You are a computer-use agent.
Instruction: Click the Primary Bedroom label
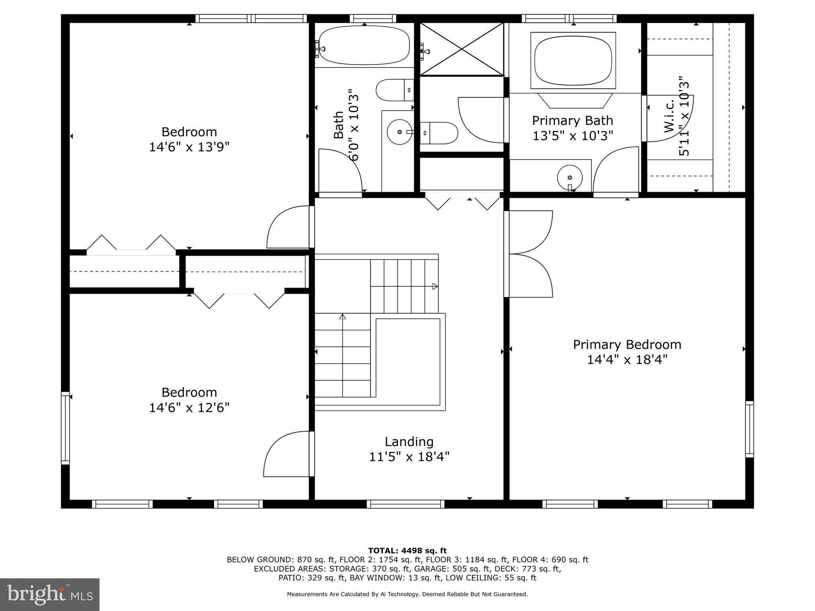tap(627, 344)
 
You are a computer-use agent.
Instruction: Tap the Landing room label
tap(409, 442)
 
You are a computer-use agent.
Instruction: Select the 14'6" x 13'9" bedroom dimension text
tap(189, 147)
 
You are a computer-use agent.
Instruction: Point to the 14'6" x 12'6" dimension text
tap(189, 408)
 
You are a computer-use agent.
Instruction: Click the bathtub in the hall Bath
tap(364, 45)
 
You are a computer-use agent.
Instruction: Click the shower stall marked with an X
tap(462, 49)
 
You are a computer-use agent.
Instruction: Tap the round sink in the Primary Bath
tap(570, 177)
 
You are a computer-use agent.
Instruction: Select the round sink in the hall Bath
tap(399, 132)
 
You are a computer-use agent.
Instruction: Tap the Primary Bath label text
tap(572, 121)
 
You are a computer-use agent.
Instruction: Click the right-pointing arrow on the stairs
tap(435, 286)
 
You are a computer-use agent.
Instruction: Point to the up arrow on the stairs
tap(342, 317)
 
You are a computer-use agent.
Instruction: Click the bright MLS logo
tap(50, 594)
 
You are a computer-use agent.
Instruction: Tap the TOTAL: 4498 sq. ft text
tap(407, 551)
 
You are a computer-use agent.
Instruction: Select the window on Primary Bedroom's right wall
tap(749, 429)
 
